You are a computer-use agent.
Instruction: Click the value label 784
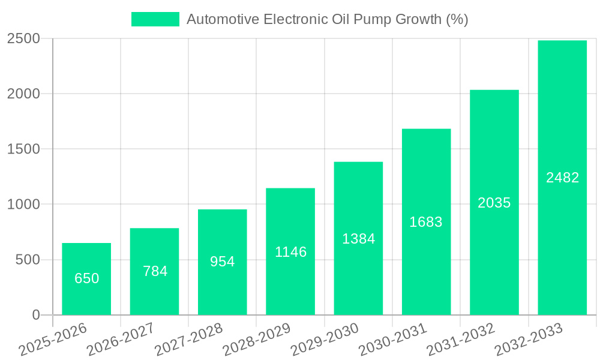155,271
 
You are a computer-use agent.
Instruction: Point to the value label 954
223,262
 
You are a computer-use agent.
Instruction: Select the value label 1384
358,239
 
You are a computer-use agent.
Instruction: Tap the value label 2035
494,203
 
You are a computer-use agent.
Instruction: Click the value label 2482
562,178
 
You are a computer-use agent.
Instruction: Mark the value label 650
86,278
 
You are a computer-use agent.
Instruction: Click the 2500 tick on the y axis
23,39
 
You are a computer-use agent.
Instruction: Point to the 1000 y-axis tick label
23,205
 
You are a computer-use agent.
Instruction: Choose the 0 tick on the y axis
35,315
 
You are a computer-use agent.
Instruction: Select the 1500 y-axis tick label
23,149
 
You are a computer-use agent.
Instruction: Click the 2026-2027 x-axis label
121,339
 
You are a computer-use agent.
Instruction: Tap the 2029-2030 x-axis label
325,339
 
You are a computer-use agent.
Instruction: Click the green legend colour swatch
155,19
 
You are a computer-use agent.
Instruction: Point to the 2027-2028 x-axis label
188,339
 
